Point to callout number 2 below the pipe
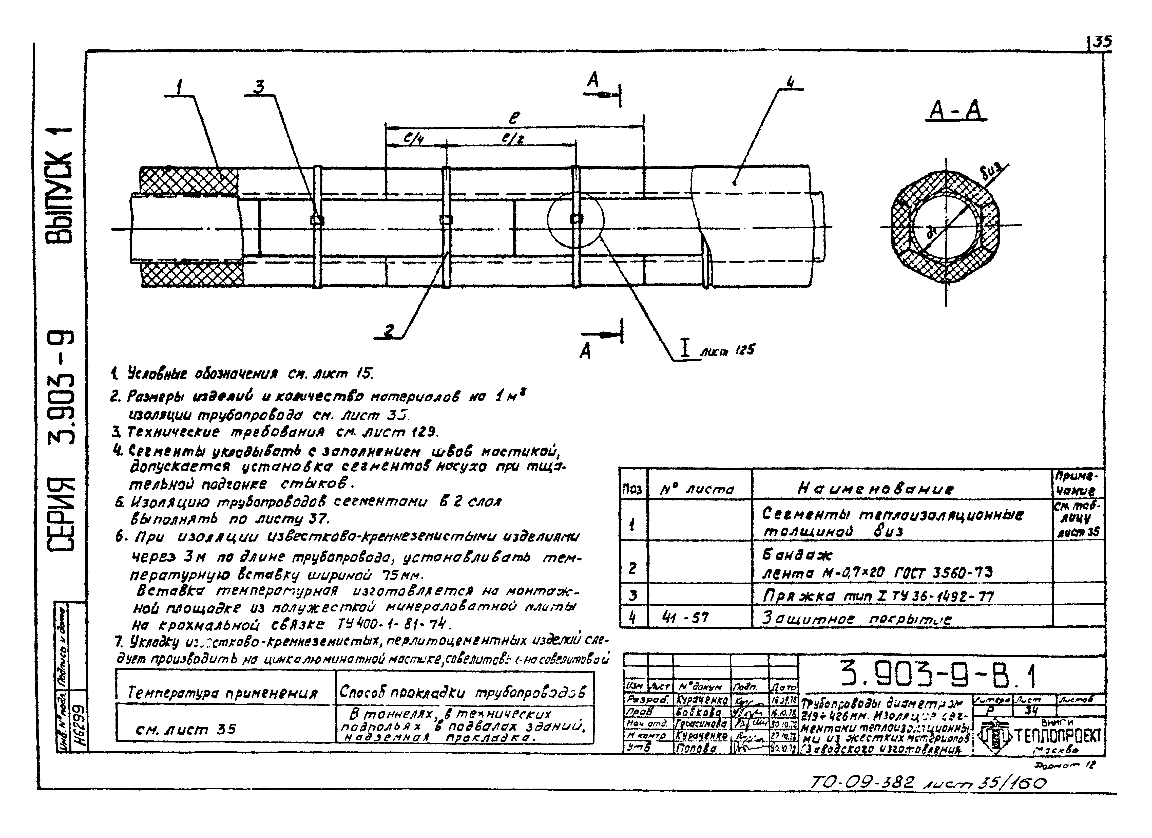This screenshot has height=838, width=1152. (x=389, y=331)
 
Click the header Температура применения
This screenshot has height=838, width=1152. (x=222, y=693)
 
